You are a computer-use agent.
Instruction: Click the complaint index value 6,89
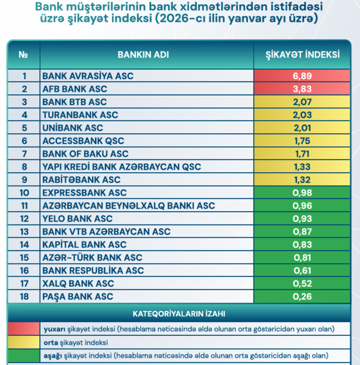302,76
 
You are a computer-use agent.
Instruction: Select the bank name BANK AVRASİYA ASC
87,76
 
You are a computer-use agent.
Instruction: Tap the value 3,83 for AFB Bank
302,89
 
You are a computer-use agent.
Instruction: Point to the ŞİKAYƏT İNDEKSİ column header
303,54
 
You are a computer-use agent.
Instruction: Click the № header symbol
24,54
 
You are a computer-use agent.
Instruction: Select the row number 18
24,296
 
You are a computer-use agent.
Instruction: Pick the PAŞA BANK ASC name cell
77,296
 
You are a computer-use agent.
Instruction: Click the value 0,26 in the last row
302,296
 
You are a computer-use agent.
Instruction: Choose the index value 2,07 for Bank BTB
302,102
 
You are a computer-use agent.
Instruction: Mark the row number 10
24,192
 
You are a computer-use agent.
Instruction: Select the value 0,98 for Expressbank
302,192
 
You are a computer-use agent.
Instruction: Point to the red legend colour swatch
23,328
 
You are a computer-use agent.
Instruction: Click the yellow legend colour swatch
23,342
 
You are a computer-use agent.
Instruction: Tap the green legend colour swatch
23,355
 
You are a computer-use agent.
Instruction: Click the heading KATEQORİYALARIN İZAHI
179,314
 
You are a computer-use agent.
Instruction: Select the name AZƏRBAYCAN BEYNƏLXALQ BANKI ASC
128,206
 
